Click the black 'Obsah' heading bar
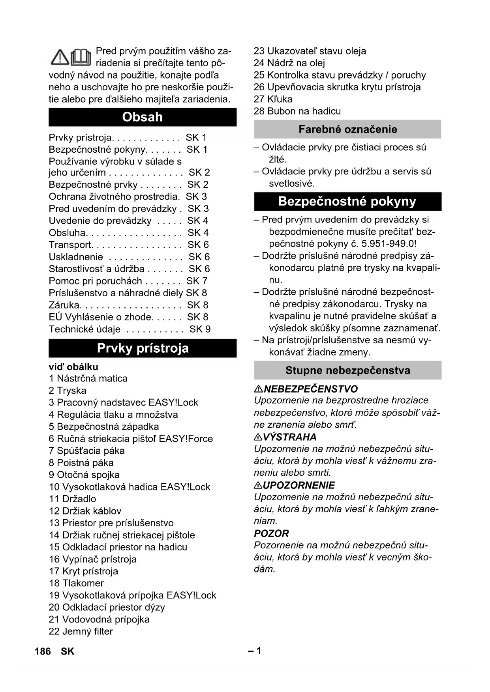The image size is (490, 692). click(143, 117)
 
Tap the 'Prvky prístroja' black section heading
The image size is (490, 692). click(143, 348)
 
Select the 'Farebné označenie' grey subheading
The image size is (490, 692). click(347, 129)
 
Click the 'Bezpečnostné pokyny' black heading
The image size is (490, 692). click(347, 202)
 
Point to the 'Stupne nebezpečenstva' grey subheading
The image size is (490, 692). click(347, 370)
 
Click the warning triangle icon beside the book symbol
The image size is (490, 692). click(60, 58)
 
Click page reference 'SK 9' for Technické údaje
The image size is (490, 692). click(200, 329)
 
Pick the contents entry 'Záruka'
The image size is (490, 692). click(64, 305)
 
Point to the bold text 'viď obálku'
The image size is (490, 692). click(73, 367)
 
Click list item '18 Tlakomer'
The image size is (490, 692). click(76, 583)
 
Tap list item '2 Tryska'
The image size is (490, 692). click(68, 391)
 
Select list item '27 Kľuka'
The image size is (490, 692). click(273, 99)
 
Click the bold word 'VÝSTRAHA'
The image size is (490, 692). click(289, 437)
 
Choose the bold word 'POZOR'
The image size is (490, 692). click(271, 534)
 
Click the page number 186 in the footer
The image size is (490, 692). click(43, 651)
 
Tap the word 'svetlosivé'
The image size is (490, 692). click(292, 183)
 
